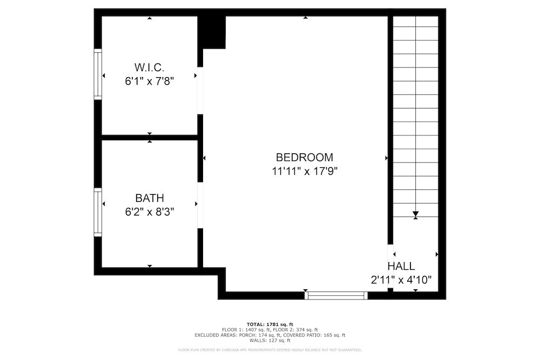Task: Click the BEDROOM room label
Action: pyautogui.click(x=304, y=158)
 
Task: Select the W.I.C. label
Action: pyautogui.click(x=149, y=67)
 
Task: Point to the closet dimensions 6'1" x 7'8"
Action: pyautogui.click(x=149, y=81)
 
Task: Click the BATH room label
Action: pyautogui.click(x=149, y=198)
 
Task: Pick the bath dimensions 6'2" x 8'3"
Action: pyautogui.click(x=149, y=212)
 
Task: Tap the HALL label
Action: pyautogui.click(x=401, y=266)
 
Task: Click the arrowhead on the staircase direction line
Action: pyautogui.click(x=415, y=215)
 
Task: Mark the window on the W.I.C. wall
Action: pyautogui.click(x=98, y=74)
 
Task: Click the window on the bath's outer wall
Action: pyautogui.click(x=98, y=212)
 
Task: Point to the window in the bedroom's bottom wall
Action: pyautogui.click(x=336, y=295)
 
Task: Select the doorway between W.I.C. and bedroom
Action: pyautogui.click(x=200, y=90)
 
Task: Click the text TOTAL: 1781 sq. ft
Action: pyautogui.click(x=269, y=323)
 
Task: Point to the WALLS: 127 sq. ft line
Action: pyautogui.click(x=269, y=341)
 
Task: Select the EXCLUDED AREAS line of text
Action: pyautogui.click(x=269, y=335)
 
